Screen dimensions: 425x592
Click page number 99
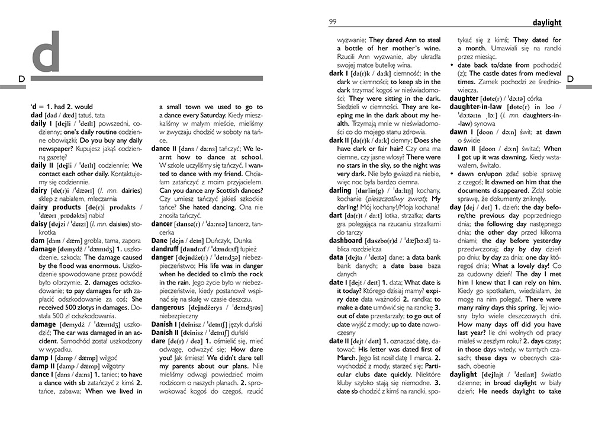pyautogui.click(x=333, y=22)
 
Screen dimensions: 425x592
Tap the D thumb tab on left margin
pyautogui.click(x=21, y=79)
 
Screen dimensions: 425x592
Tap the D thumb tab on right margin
pyautogui.click(x=571, y=79)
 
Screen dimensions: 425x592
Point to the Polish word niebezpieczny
pyautogui.click(x=178, y=317)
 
